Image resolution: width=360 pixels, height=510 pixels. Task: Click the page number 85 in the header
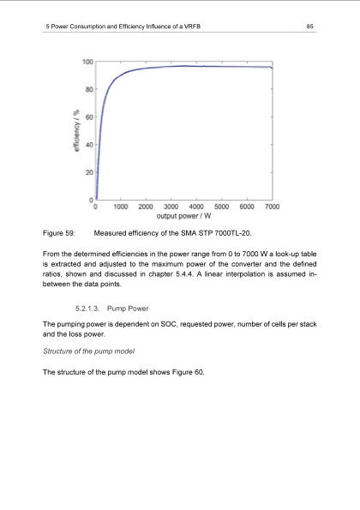tap(311, 26)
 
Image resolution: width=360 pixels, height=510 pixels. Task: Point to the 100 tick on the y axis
tap(88, 62)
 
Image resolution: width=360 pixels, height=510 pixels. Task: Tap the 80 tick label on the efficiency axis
tap(88, 89)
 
